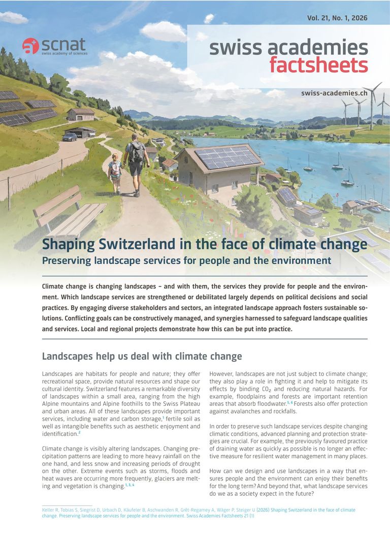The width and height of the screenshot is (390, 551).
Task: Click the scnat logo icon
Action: coord(30,46)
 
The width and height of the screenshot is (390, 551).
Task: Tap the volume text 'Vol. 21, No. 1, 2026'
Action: coord(337,18)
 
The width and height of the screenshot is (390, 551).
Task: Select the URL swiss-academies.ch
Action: coord(334,93)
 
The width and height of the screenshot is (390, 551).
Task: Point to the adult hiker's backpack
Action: coord(137,151)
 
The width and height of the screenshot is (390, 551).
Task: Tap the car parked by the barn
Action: coord(70,136)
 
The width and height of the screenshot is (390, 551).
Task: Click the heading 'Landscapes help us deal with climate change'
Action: coord(142,356)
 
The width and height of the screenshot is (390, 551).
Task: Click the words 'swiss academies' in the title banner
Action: coord(288,48)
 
